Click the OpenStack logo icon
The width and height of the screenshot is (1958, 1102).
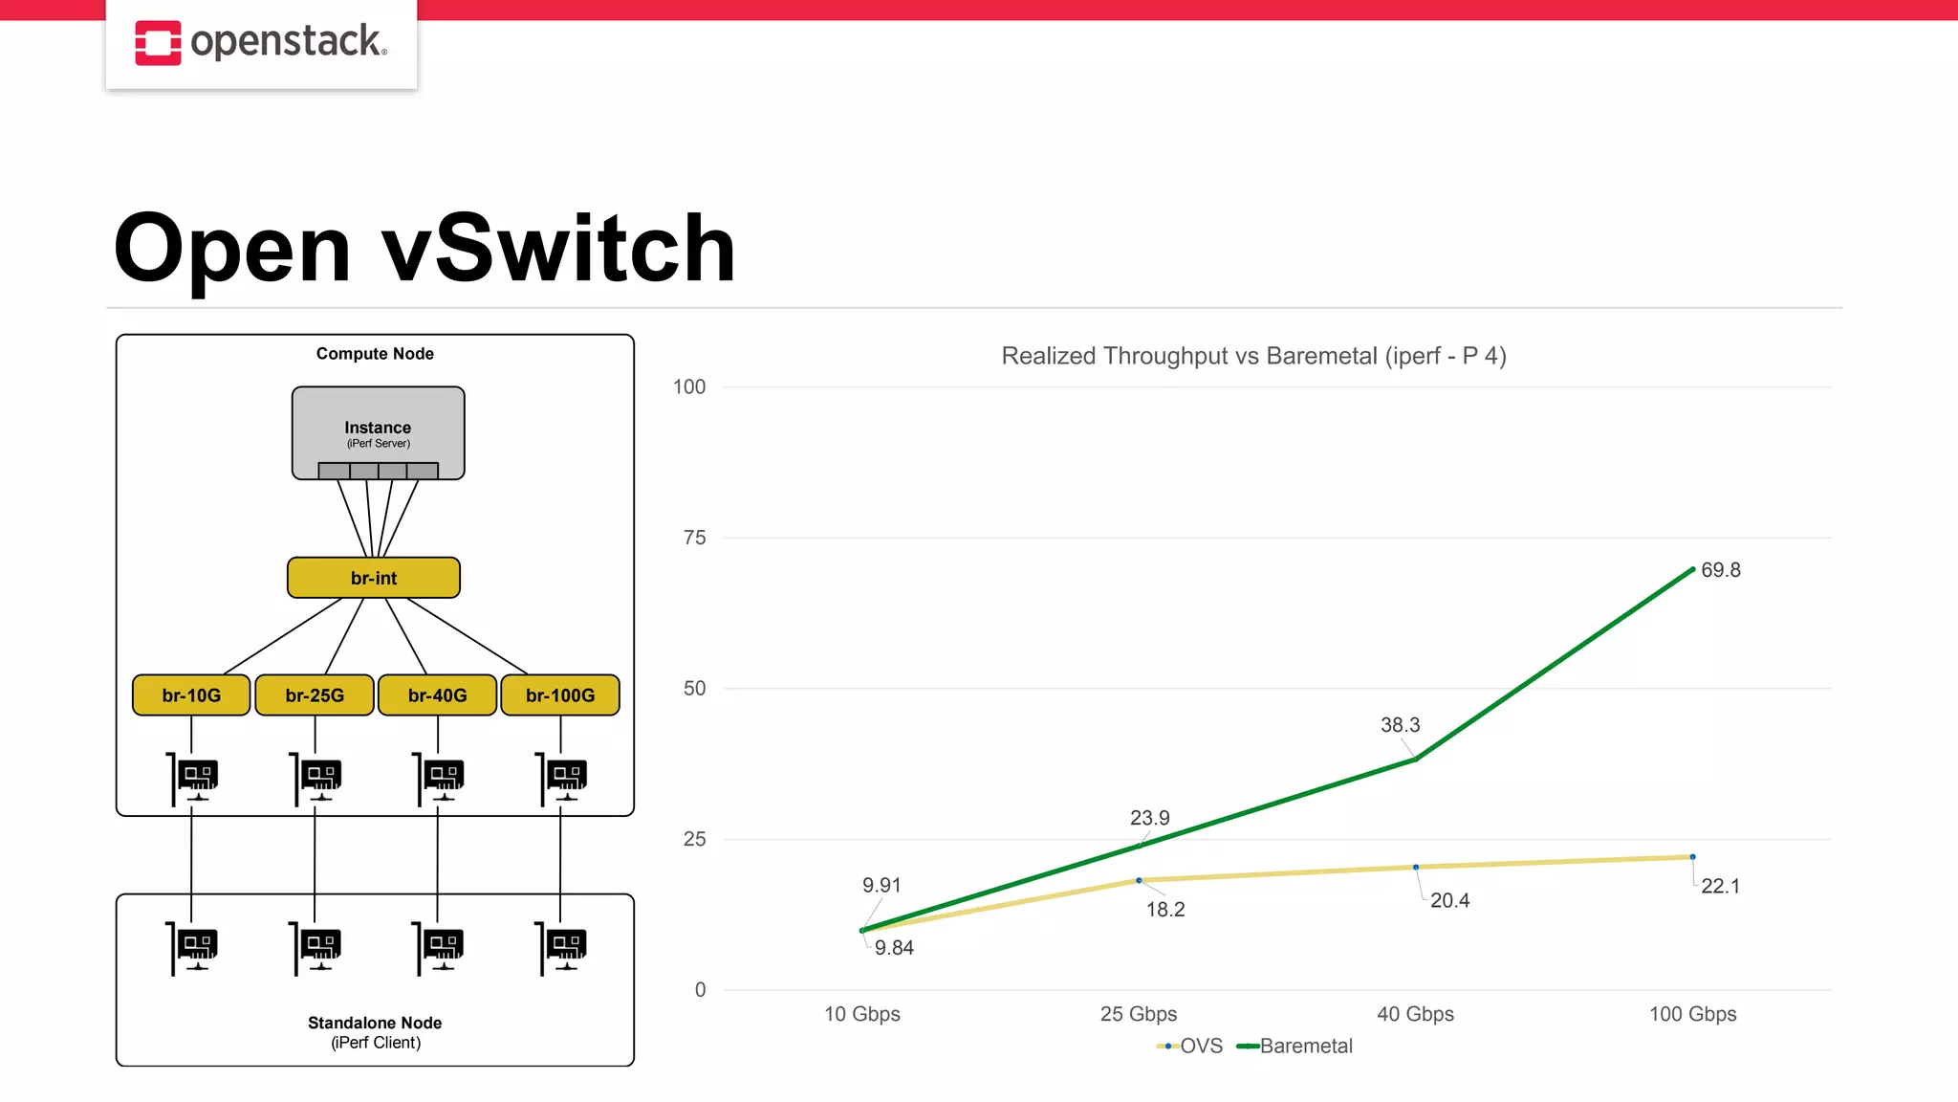pos(158,43)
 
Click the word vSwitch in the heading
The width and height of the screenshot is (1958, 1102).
pos(558,249)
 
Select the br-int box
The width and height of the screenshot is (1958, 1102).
pos(374,578)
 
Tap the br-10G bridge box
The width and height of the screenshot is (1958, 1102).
pos(191,695)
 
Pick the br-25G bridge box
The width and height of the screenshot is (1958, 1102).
pos(315,695)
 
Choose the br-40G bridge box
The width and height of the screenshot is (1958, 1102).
pos(438,695)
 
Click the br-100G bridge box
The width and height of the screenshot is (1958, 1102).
pos(560,695)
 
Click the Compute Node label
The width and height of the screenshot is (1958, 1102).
pos(375,354)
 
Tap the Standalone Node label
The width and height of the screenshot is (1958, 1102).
pos(375,1023)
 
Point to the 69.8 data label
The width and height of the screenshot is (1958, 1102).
pos(1720,570)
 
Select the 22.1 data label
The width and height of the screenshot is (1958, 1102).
pos(1720,887)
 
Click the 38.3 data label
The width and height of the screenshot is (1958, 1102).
pos(1400,725)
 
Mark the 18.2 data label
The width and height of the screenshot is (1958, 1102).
pos(1165,910)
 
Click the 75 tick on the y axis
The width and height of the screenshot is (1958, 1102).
pos(694,538)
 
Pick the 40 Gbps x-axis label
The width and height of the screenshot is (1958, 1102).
pos(1415,1014)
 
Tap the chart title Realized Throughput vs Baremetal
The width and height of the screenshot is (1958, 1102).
pos(1253,356)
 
